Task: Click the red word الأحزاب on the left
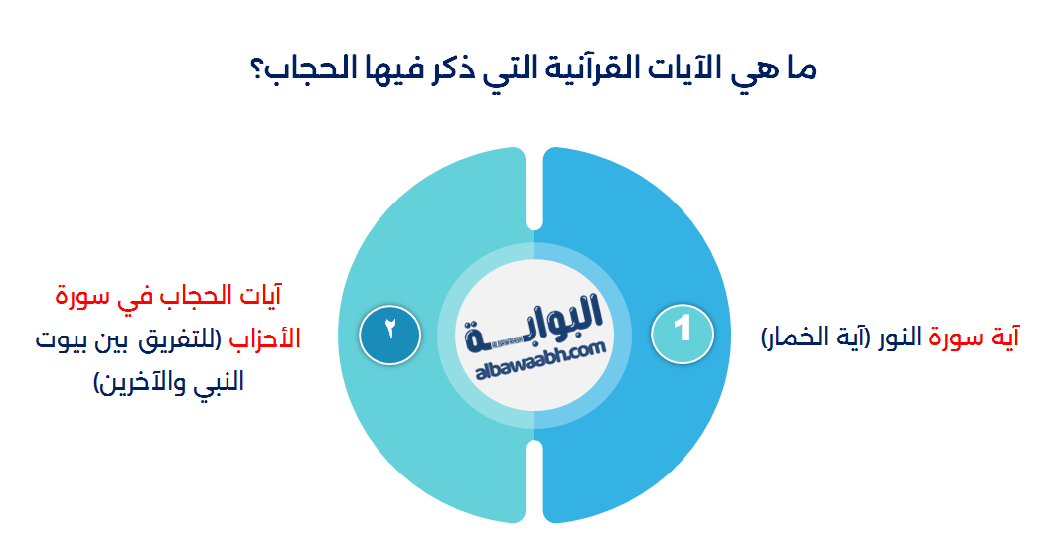point(264,339)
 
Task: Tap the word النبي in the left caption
point(221,382)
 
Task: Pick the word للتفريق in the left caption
point(185,339)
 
